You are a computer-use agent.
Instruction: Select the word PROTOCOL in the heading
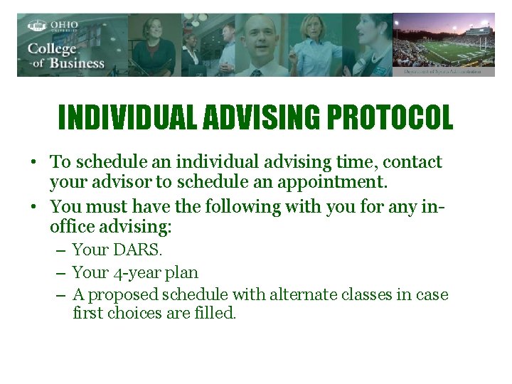(x=389, y=118)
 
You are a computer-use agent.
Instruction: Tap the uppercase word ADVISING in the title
(x=262, y=118)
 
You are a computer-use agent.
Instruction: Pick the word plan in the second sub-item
(x=183, y=272)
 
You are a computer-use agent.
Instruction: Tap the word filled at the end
(x=214, y=313)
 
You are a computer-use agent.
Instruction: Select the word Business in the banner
(x=77, y=63)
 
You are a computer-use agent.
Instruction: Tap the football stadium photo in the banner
(x=444, y=44)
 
